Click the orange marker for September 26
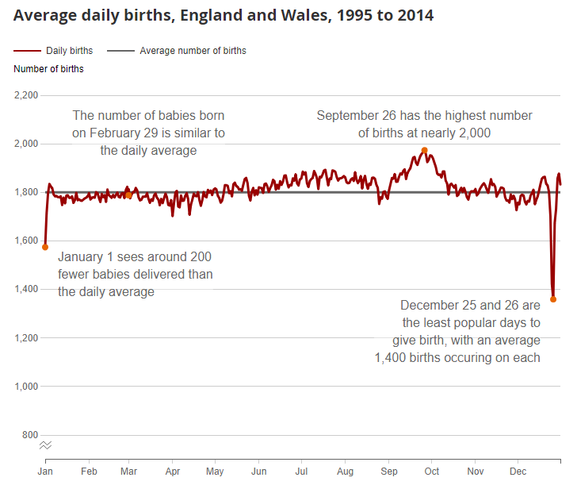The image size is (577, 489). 425,150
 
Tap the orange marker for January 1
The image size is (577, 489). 45,247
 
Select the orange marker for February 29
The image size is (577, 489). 128,194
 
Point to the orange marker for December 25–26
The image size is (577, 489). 553,299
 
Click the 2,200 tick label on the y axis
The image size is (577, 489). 26,95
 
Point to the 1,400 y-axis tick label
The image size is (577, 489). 26,289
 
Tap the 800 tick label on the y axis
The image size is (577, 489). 30,435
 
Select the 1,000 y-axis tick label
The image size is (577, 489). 26,387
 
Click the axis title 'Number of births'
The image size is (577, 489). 48,69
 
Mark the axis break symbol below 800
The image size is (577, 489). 46,445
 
